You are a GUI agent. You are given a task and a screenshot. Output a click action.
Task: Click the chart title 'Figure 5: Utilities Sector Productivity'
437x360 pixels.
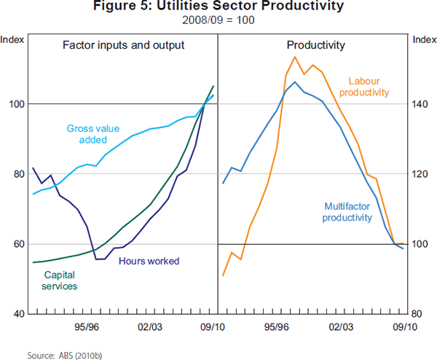(x=218, y=7)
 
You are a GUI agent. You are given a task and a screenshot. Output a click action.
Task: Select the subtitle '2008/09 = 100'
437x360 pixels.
(x=218, y=20)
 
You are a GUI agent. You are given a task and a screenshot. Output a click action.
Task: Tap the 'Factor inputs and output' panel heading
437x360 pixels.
(x=123, y=45)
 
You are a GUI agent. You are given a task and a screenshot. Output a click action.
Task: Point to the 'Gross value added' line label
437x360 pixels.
(x=87, y=134)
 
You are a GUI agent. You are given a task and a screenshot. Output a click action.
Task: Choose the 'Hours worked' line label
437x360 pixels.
(x=148, y=261)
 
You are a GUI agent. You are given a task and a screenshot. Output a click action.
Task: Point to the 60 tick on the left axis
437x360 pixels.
(x=20, y=244)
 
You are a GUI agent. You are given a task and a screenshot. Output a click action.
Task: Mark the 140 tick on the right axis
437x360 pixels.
(x=421, y=104)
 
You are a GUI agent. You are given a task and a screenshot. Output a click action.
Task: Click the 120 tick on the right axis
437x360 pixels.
(x=421, y=174)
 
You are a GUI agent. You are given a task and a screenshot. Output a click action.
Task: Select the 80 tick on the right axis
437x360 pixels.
(x=419, y=314)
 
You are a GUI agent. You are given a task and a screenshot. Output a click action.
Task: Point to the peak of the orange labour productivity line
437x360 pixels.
(x=294, y=57)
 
